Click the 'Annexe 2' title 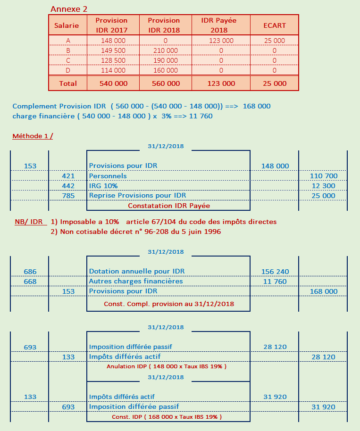click(x=68, y=9)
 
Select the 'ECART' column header click(x=275, y=25)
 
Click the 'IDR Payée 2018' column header click(x=218, y=25)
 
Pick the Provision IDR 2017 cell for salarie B click(x=113, y=50)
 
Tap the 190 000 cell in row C click(x=166, y=60)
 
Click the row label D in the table click(x=68, y=70)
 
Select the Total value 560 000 click(x=166, y=83)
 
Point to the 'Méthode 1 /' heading click(x=33, y=136)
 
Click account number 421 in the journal click(x=68, y=176)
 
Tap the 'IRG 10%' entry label click(x=103, y=186)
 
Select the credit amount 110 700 click(x=323, y=176)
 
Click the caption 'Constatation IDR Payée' click(x=169, y=206)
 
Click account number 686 click(x=30, y=272)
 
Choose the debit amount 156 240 click(x=275, y=272)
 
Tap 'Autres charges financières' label click(x=136, y=282)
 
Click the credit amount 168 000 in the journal click(x=324, y=291)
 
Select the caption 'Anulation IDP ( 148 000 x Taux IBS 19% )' click(x=167, y=366)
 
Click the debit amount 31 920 click(x=275, y=397)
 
